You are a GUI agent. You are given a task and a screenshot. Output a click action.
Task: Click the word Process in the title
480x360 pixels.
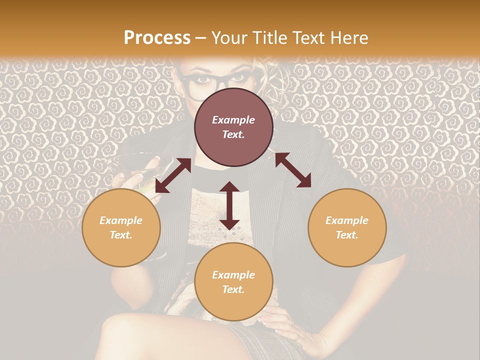pyautogui.click(x=157, y=38)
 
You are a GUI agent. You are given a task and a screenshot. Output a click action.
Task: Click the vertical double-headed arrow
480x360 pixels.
pyautogui.click(x=229, y=205)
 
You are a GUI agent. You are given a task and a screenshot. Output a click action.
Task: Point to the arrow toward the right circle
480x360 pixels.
pyautogui.click(x=293, y=170)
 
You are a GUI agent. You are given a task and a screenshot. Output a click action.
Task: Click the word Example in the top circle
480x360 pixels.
pyautogui.click(x=233, y=120)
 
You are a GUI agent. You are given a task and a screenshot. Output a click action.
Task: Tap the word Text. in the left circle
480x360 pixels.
pyautogui.click(x=121, y=235)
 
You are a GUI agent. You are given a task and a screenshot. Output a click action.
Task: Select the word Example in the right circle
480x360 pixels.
pyautogui.click(x=347, y=220)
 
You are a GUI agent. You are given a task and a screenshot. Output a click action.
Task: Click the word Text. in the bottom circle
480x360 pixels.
pyautogui.click(x=233, y=289)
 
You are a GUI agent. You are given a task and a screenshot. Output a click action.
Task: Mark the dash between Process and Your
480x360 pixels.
pyautogui.click(x=200, y=38)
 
